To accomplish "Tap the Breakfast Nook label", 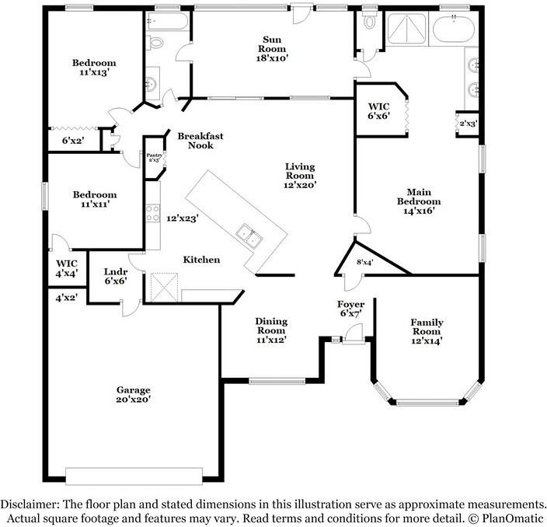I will [x=200, y=141].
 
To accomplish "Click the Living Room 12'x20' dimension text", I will [x=299, y=186].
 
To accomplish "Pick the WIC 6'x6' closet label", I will [x=378, y=110].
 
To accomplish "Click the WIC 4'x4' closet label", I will [x=66, y=268].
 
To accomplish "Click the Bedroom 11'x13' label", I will [x=94, y=68].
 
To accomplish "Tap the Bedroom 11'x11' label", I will [x=94, y=199].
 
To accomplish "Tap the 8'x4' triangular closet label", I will [x=364, y=262].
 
